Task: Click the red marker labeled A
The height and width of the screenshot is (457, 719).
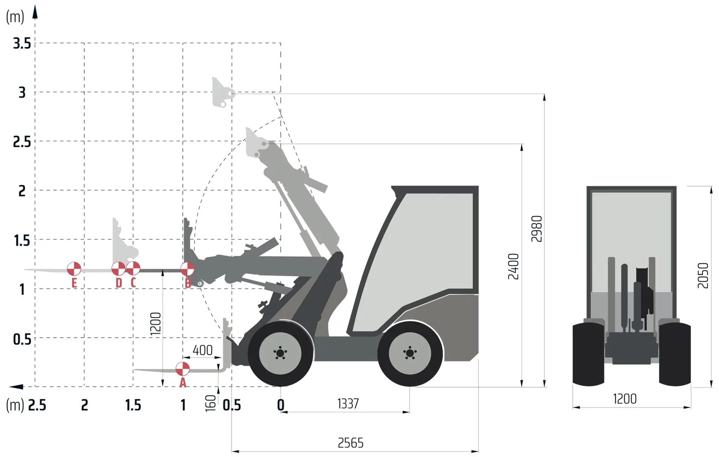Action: [x=183, y=369]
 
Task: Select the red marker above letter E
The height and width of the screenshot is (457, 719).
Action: [x=74, y=269]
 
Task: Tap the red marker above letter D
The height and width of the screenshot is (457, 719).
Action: [x=119, y=269]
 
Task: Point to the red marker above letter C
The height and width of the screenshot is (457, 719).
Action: [x=133, y=268]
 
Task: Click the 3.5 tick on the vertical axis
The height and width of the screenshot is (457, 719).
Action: [x=22, y=43]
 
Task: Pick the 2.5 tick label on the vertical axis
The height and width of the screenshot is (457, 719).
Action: [x=22, y=142]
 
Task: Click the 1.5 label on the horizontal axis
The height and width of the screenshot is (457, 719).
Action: [x=133, y=405]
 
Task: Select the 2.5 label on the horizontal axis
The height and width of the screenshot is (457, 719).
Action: [x=37, y=405]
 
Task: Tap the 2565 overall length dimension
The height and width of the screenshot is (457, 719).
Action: [x=351, y=443]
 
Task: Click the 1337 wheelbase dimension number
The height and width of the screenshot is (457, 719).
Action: [x=348, y=404]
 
